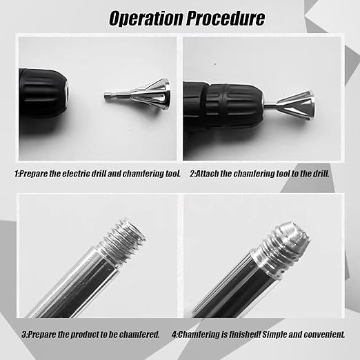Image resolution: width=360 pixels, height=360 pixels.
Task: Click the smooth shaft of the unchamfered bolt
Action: click(x=69, y=283)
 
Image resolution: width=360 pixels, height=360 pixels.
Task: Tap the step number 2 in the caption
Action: click(x=192, y=174)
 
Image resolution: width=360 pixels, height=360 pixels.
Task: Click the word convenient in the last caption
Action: click(x=324, y=334)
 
